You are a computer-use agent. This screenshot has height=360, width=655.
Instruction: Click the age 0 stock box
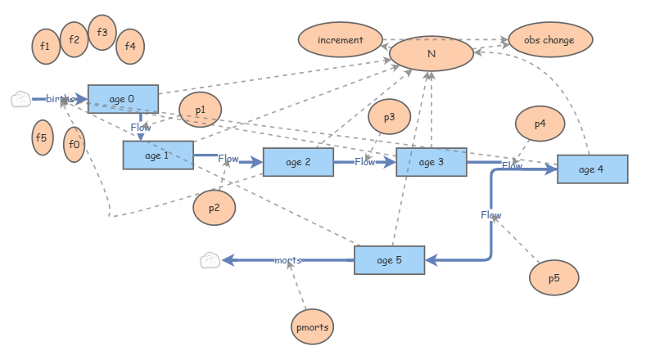(123, 99)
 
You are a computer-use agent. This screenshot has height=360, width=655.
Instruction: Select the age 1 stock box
(158, 155)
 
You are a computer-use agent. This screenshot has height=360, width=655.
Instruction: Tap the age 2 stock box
(298, 162)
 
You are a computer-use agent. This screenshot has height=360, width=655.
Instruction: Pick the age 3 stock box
(431, 162)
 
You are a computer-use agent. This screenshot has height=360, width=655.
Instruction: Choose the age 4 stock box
(592, 169)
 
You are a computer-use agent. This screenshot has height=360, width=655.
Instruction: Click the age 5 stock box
(390, 260)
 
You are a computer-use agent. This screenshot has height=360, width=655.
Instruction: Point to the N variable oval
(431, 53)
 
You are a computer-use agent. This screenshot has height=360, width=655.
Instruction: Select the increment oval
(341, 39)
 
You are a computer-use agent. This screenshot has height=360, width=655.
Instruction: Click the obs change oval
(550, 39)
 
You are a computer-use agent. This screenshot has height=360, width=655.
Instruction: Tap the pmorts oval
(312, 326)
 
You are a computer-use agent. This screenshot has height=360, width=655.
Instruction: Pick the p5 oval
(554, 277)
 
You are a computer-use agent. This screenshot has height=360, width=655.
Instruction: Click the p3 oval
(390, 116)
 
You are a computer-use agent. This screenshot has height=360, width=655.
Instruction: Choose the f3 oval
(102, 33)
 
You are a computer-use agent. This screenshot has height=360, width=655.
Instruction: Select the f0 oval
(74, 145)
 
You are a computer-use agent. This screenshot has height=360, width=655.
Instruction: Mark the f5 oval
(43, 137)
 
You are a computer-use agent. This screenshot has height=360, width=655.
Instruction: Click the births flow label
(60, 99)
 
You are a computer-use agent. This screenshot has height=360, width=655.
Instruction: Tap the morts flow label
(288, 260)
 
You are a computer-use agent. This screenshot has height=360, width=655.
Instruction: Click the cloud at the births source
(21, 99)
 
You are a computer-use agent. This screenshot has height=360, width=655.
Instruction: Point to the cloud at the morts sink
(210, 260)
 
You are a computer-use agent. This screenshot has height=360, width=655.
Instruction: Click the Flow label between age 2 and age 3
(364, 162)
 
